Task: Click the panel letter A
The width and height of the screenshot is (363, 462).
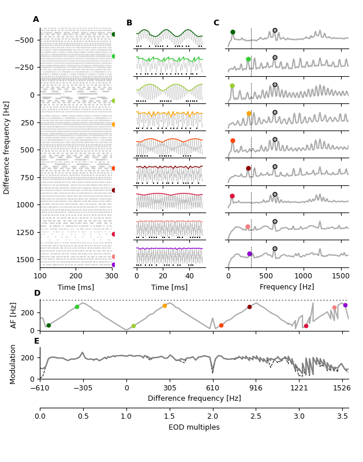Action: click(x=36, y=20)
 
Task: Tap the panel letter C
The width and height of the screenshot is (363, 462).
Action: click(x=216, y=23)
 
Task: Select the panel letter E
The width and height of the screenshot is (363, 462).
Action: click(x=37, y=341)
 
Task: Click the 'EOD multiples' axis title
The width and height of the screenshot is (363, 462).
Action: click(x=194, y=427)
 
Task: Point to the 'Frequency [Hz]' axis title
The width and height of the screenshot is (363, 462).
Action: click(x=287, y=287)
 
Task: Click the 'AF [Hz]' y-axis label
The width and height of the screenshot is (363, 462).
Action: click(x=14, y=315)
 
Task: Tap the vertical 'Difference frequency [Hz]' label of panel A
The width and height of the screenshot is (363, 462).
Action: click(x=7, y=147)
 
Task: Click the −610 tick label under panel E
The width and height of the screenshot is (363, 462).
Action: click(x=40, y=388)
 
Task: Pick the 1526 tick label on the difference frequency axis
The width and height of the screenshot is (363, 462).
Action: click(x=342, y=388)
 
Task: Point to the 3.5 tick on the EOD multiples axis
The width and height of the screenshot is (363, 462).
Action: click(x=342, y=416)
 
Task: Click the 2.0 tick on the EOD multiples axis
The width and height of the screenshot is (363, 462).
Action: click(x=212, y=416)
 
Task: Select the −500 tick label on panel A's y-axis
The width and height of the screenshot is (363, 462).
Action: click(x=27, y=40)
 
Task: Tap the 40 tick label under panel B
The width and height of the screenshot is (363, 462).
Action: click(x=189, y=277)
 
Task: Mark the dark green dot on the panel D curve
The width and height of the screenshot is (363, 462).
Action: click(x=48, y=325)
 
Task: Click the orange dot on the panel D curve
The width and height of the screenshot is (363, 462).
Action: click(x=164, y=305)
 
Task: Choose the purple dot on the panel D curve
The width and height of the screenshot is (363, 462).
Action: click(x=345, y=305)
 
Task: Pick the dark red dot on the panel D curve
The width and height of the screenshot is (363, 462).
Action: click(x=249, y=307)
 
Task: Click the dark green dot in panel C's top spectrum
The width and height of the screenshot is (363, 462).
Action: click(x=233, y=32)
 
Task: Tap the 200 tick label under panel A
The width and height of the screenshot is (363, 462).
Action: click(x=76, y=277)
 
